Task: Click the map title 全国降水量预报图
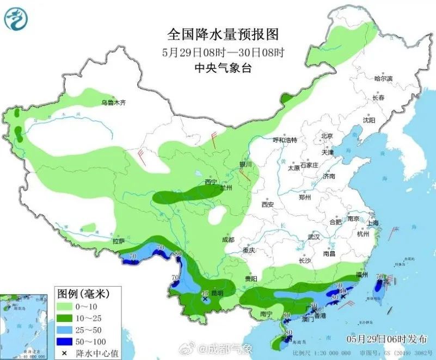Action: click(x=223, y=35)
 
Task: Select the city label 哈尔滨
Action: click(x=383, y=79)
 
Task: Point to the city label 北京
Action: click(x=327, y=136)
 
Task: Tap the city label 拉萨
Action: click(x=119, y=241)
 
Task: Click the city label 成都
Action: click(x=228, y=240)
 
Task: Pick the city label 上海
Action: click(x=373, y=223)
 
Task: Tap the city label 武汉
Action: click(x=314, y=237)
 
